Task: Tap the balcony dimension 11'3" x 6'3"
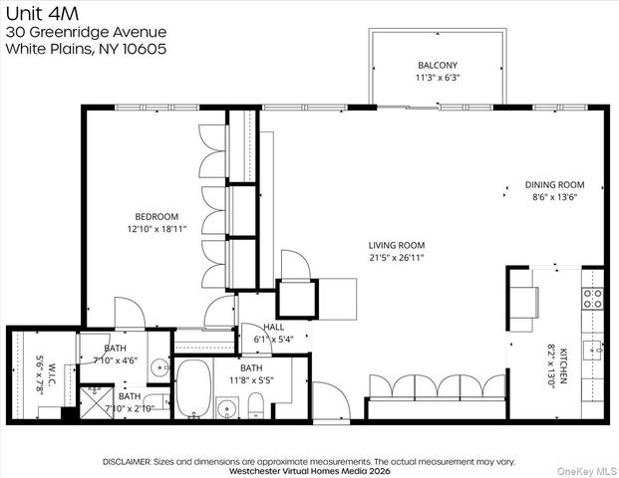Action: pyautogui.click(x=438, y=77)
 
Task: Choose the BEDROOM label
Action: pyautogui.click(x=156, y=217)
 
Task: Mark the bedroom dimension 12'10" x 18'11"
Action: pyautogui.click(x=156, y=230)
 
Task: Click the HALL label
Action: pyautogui.click(x=273, y=328)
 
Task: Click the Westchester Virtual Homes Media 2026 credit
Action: pyautogui.click(x=309, y=471)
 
